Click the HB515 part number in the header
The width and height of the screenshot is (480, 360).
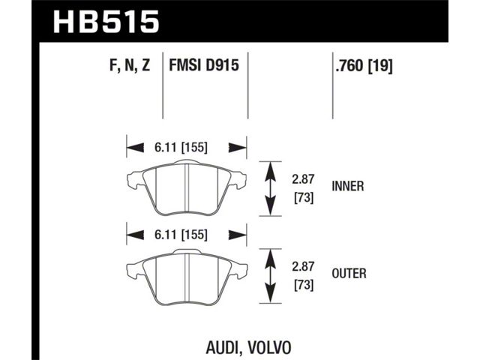(106, 22)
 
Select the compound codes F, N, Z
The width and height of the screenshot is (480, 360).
(130, 65)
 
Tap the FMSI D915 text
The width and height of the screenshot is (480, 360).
(204, 65)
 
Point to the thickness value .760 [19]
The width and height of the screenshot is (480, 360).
(364, 65)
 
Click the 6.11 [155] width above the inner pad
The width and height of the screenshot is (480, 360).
(181, 148)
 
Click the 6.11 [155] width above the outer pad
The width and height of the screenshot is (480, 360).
(181, 235)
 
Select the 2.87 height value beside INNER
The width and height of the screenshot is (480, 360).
(303, 179)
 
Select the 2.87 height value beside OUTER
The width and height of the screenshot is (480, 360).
(303, 267)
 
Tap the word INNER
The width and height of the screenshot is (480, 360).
(348, 186)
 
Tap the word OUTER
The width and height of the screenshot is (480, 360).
(349, 273)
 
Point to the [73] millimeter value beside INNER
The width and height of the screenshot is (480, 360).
(304, 198)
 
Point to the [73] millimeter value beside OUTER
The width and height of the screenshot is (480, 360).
(304, 285)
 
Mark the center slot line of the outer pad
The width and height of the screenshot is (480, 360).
(187, 276)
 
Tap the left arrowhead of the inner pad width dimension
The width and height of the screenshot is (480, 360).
(135, 148)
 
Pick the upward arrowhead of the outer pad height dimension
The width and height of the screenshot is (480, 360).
(270, 259)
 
